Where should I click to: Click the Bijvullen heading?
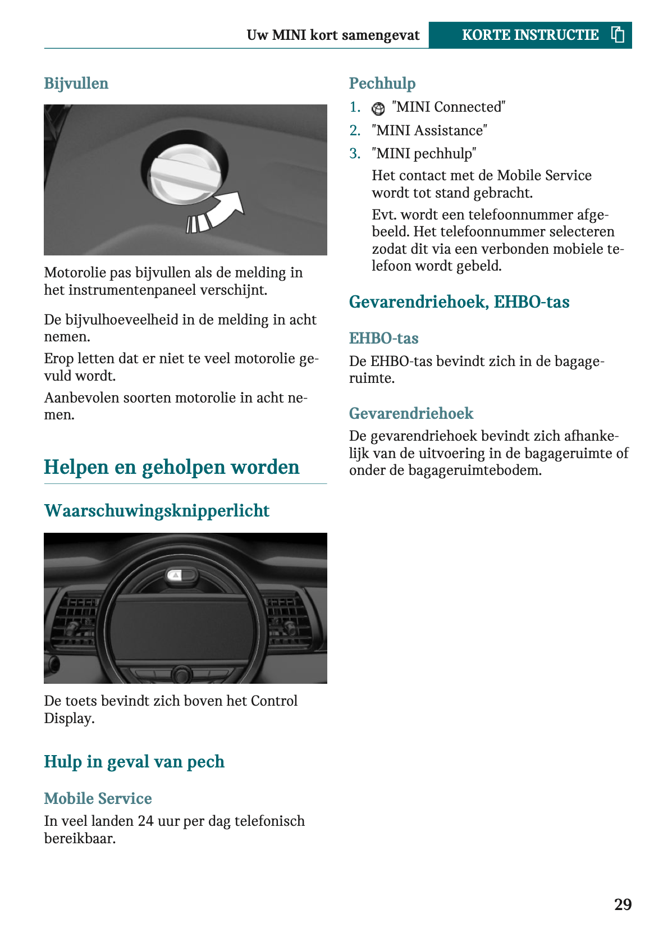[x=76, y=84]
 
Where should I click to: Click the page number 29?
[x=623, y=904]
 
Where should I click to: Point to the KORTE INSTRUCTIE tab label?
[x=529, y=35]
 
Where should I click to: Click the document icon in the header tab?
[x=618, y=35]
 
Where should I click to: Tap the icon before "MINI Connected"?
[x=379, y=108]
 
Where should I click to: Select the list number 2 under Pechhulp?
[x=355, y=131]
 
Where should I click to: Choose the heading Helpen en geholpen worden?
[x=171, y=467]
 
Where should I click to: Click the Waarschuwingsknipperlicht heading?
[x=157, y=511]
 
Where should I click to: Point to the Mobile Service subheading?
[x=98, y=798]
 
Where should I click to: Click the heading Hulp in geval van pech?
[x=134, y=762]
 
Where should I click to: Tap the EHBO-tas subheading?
[x=383, y=339]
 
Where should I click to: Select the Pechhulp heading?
[x=382, y=84]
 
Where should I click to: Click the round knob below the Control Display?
[x=181, y=674]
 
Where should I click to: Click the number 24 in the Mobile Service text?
[x=146, y=821]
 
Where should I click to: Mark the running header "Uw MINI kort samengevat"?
[x=333, y=35]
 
